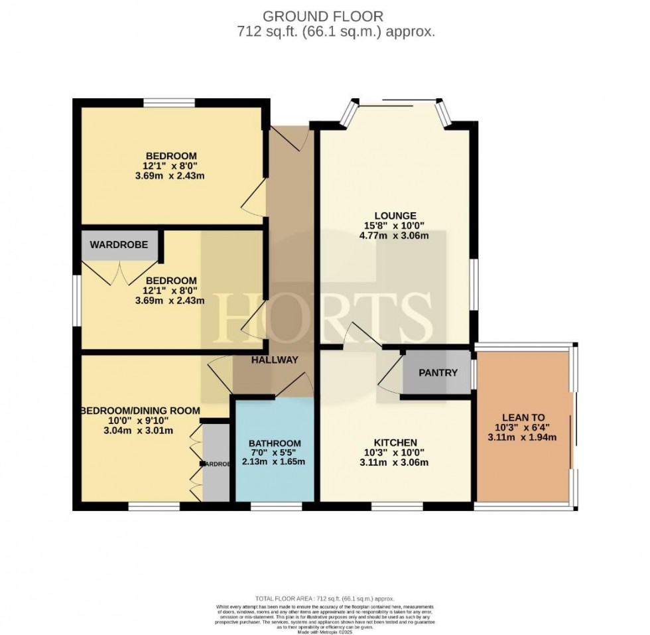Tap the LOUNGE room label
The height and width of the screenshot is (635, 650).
point(395,215)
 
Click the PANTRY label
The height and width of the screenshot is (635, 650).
point(438,372)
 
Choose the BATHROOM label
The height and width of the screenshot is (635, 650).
point(275,443)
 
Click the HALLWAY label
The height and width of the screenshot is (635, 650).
point(274,360)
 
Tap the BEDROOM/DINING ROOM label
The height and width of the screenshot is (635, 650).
point(140,411)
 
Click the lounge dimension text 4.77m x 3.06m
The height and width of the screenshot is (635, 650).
point(395,235)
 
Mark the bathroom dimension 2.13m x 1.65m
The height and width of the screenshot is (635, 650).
point(275,462)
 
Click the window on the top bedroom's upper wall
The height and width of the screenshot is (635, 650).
point(169,102)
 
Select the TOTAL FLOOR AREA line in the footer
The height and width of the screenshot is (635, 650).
point(324,599)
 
